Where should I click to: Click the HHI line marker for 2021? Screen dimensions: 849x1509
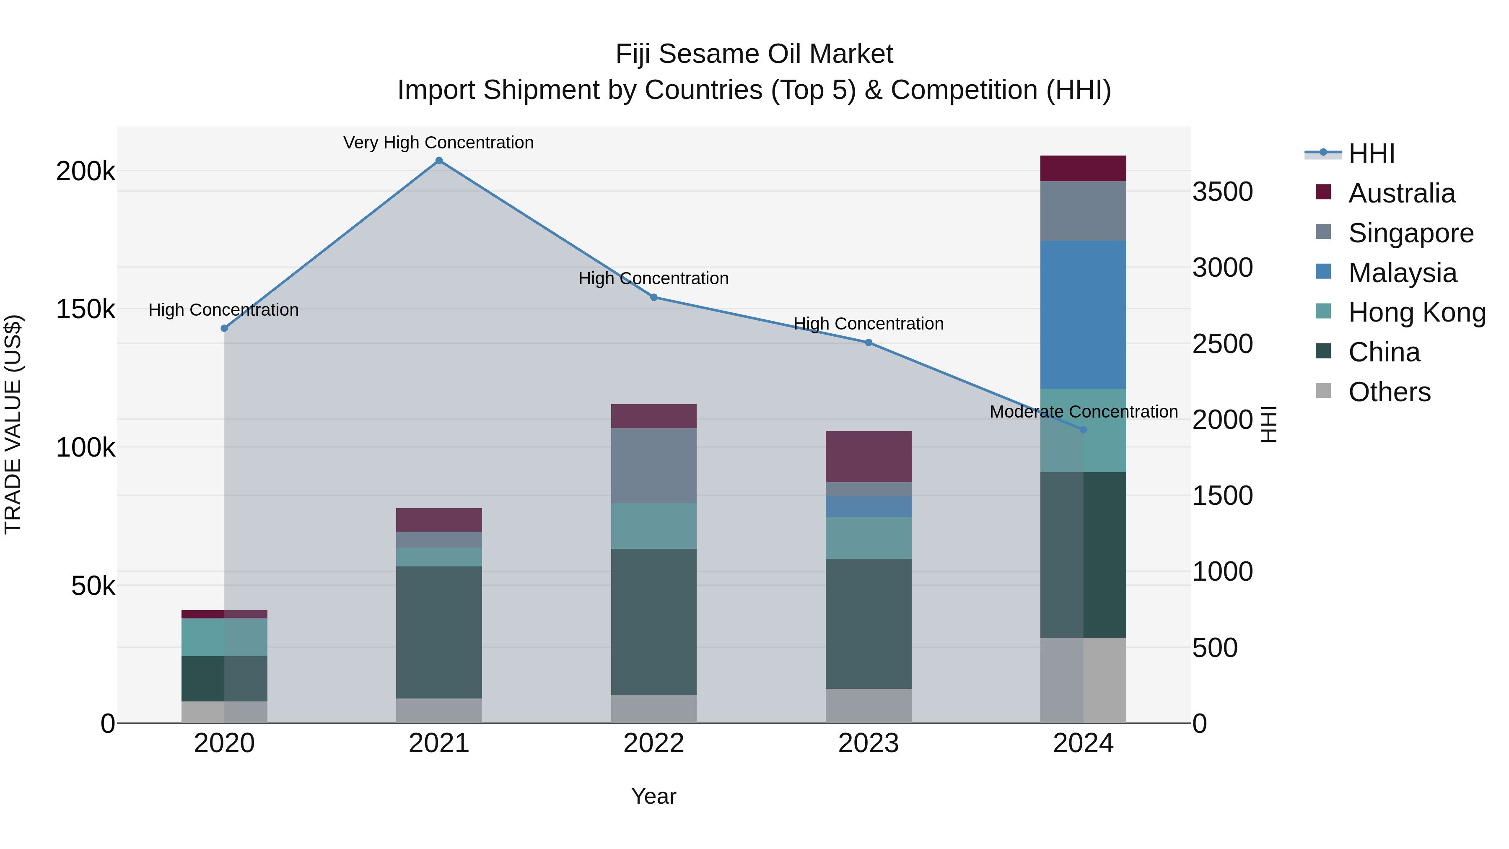point(439,161)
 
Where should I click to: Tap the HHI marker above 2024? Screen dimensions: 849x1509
point(1083,429)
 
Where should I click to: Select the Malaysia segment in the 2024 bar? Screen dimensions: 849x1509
point(1083,314)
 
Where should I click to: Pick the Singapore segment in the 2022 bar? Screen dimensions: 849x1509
point(654,465)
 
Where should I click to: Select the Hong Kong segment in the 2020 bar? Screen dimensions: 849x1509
point(224,637)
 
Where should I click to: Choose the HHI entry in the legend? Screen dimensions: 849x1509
point(1371,153)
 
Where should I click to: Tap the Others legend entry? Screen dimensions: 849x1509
point(1389,392)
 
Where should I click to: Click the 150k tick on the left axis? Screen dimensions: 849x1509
point(86,309)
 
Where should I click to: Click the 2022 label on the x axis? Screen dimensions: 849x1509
point(654,743)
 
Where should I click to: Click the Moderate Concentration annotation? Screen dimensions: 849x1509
point(1083,411)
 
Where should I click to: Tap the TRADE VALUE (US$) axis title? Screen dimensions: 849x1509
point(13,424)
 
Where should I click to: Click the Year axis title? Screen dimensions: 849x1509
point(654,796)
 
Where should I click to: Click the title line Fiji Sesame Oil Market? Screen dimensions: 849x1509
point(754,54)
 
